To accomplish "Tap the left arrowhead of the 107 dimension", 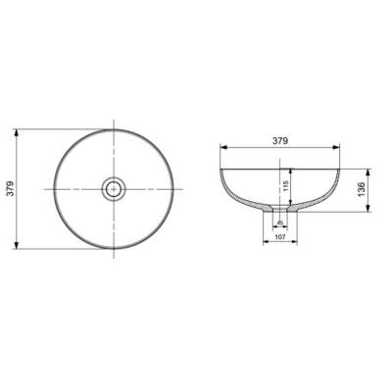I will tap(263, 242).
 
